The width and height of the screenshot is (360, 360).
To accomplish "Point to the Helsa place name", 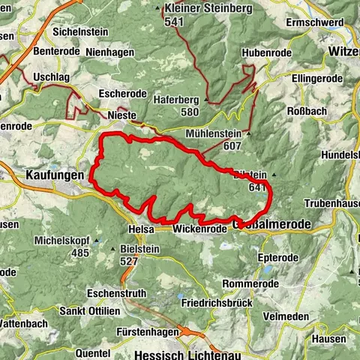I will [140, 229].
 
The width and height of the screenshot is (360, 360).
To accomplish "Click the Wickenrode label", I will [199, 229].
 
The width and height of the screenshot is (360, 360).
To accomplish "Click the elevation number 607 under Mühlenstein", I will [232, 146].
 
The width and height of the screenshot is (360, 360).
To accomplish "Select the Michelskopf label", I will [62, 241].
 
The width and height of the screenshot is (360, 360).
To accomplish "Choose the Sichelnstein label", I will [80, 32].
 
